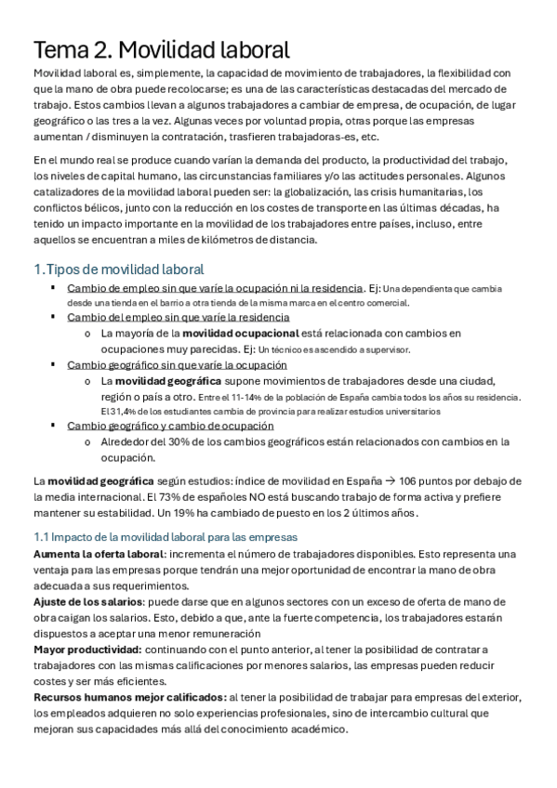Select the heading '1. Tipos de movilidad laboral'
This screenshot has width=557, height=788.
[118, 270]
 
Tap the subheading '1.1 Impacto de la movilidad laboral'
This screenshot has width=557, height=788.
[165, 537]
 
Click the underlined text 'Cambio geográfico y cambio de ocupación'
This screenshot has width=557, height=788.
[170, 426]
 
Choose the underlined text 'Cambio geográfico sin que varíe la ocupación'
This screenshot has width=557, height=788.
[177, 365]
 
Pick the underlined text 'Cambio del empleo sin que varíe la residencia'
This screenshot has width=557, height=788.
[178, 318]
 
